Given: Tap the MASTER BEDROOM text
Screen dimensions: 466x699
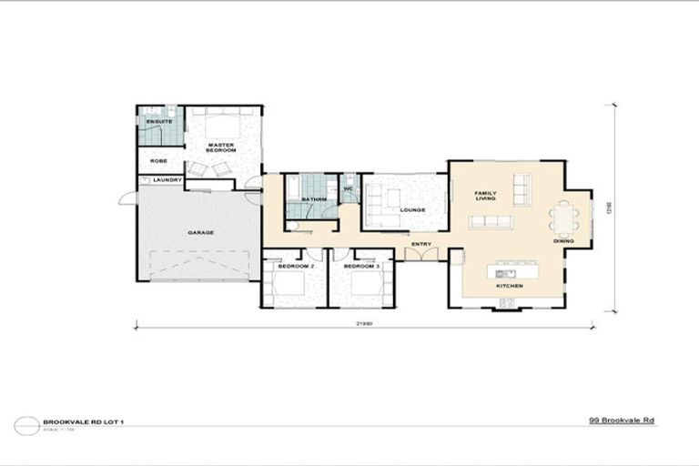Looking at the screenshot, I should [x=221, y=147].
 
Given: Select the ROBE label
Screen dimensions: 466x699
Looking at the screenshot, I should [x=158, y=161].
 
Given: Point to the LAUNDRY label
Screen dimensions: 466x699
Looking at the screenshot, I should [x=167, y=180].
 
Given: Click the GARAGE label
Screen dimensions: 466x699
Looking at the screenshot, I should [x=200, y=232].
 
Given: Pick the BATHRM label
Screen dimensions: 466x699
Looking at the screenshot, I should [x=314, y=198].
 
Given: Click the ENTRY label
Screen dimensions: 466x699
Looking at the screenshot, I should [x=421, y=244].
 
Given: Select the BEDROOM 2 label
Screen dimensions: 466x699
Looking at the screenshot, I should [x=294, y=266].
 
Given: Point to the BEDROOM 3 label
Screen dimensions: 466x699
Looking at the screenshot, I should [x=360, y=266].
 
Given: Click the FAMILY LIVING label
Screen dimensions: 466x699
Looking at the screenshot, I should [x=484, y=195].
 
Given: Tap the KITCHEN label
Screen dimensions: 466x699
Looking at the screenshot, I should [x=509, y=287].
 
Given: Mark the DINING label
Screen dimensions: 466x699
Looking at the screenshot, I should [x=563, y=241].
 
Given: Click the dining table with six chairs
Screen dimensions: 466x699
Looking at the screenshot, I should [x=564, y=219].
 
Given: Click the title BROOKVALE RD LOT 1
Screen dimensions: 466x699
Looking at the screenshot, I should [x=75, y=421].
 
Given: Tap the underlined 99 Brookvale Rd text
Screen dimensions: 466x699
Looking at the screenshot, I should [x=621, y=420].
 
